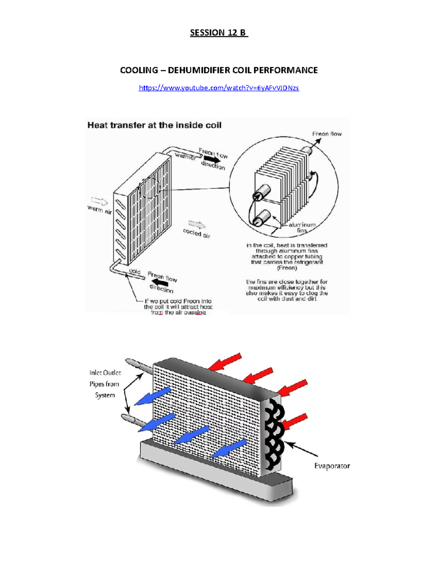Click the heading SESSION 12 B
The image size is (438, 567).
coord(219,33)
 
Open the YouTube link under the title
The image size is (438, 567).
coord(219,88)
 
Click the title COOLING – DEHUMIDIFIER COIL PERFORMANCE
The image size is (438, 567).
coord(219,70)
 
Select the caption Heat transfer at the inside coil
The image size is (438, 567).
coord(154,125)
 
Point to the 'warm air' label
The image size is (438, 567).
coord(99,210)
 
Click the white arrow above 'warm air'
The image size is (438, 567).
coord(99,201)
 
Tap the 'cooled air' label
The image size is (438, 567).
coord(197,234)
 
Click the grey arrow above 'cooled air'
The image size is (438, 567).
coord(197,225)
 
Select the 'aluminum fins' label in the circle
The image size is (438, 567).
coord(302,227)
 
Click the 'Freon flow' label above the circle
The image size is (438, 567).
coord(327,134)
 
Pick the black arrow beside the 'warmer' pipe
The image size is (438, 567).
coord(212,160)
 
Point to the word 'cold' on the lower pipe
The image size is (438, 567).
coord(135,272)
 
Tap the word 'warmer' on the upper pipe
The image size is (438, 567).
coord(185,156)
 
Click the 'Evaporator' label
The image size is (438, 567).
coord(332,466)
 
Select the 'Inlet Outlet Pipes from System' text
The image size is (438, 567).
coord(105,384)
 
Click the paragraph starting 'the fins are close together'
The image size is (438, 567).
coord(287,290)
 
